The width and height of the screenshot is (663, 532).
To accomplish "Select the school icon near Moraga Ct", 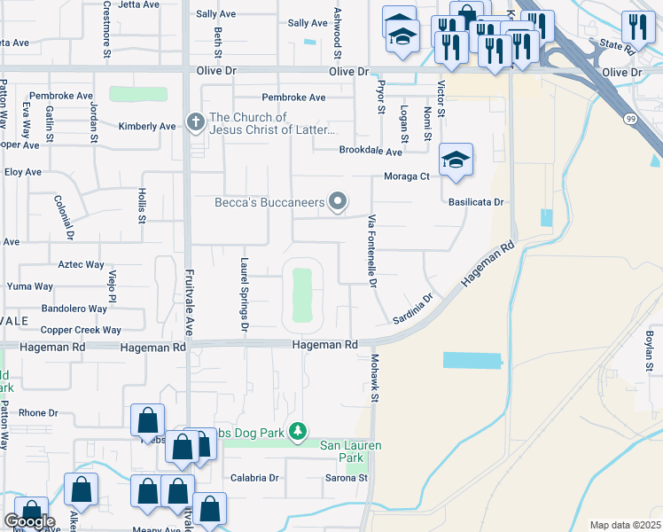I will click(x=456, y=160).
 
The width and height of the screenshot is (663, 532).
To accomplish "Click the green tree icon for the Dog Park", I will click(x=300, y=432).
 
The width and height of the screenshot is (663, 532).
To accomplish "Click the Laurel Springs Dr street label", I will click(x=244, y=292).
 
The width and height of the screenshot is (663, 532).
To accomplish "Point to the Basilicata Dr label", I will click(x=476, y=202).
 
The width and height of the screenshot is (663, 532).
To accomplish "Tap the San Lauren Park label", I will click(x=342, y=451).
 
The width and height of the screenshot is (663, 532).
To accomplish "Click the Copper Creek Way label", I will click(x=81, y=330).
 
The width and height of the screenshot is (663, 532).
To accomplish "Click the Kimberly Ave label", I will click(x=147, y=127).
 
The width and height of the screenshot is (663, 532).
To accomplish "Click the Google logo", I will click(x=29, y=521).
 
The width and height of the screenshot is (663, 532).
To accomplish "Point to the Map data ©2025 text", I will click(x=625, y=525).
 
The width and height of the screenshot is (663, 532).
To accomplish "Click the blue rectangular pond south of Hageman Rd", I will click(x=472, y=360).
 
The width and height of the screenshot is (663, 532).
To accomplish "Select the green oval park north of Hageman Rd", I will click(x=302, y=294).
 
